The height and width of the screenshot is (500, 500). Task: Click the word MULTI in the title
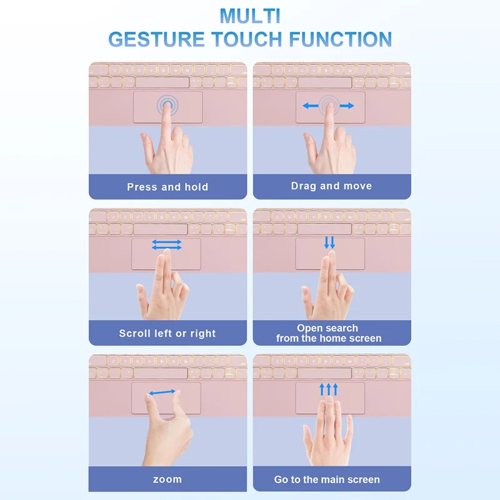[x=251, y=16]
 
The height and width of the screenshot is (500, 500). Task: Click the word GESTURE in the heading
[x=156, y=39]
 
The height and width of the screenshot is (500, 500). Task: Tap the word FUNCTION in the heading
[x=340, y=39]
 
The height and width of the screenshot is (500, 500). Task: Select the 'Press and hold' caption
[x=167, y=187]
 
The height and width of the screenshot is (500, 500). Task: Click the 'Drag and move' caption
[x=331, y=186]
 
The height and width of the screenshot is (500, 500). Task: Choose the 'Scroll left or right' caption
[x=167, y=333]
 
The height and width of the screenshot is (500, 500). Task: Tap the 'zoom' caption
[x=167, y=479]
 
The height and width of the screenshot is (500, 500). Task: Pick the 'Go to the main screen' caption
[x=327, y=479]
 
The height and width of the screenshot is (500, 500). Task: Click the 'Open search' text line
[x=327, y=327]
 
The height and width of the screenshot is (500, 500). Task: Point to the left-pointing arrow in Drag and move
[x=310, y=106]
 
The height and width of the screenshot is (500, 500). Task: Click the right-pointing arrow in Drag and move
[x=347, y=106]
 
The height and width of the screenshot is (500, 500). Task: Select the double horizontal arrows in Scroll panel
[x=167, y=244]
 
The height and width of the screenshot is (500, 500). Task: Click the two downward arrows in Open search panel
[x=329, y=242]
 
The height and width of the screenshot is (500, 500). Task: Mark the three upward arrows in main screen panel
[x=329, y=389]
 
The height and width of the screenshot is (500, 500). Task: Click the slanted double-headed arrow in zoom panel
[x=162, y=392]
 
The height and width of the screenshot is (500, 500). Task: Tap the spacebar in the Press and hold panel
[x=162, y=82]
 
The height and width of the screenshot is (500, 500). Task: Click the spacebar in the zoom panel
[x=161, y=373]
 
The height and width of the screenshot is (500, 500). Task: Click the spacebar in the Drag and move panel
[x=324, y=82]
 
